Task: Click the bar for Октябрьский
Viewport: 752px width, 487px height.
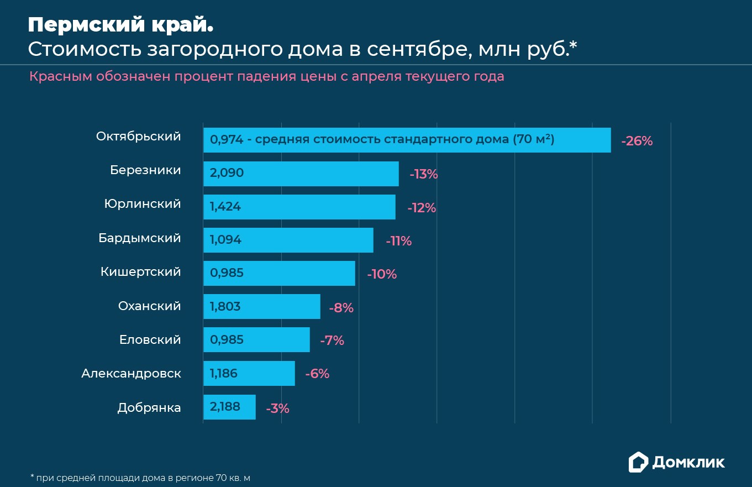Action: (x=407, y=140)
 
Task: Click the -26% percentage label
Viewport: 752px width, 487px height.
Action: (x=637, y=141)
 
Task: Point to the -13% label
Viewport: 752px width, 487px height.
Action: (x=423, y=175)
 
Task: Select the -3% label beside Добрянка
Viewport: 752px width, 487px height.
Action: (x=277, y=409)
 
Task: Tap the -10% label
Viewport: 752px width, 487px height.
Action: (x=382, y=274)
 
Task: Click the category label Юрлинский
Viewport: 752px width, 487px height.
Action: (x=143, y=204)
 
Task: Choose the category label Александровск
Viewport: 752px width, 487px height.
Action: (x=131, y=374)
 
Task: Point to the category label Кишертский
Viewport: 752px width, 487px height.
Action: (x=141, y=272)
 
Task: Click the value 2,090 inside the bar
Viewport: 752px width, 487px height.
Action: (x=227, y=173)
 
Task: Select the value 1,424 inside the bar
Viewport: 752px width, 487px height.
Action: (x=225, y=207)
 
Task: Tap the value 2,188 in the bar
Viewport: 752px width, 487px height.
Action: (x=225, y=407)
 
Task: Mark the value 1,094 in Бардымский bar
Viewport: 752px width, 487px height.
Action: (x=225, y=240)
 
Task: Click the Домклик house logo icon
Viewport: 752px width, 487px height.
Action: (x=638, y=462)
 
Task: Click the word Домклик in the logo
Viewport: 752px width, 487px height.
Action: (x=688, y=463)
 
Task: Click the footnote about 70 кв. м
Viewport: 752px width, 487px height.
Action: (x=140, y=477)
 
